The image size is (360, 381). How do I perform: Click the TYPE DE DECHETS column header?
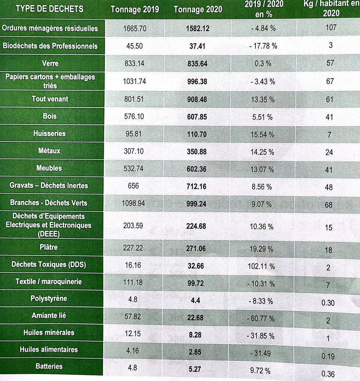tap(49, 9)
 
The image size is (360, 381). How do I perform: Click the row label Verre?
tap(50, 64)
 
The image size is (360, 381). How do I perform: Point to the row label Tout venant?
tap(50, 99)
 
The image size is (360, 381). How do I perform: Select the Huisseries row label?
tap(49, 133)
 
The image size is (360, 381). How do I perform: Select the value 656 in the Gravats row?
tap(133, 186)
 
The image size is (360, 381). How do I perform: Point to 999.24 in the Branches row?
tap(197, 204)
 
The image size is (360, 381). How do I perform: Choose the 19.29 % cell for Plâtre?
tap(262, 249)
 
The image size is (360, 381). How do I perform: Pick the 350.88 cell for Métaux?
tap(197, 152)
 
